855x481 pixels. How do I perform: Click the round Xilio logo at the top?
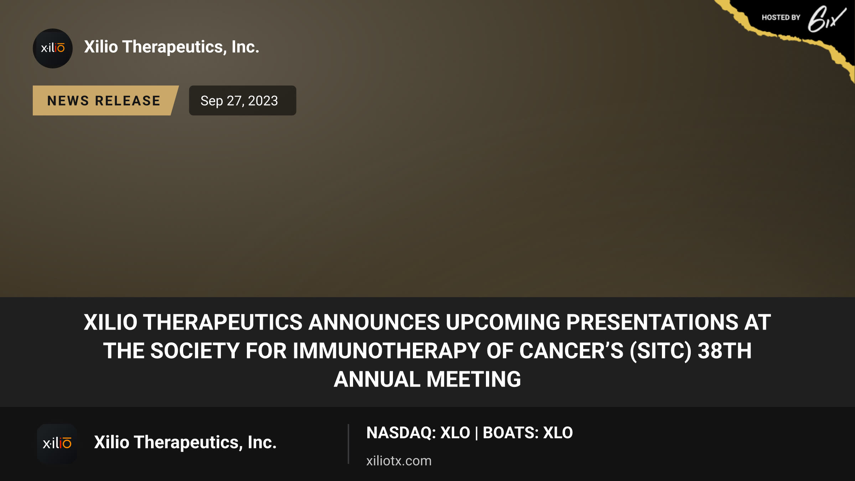coord(53,48)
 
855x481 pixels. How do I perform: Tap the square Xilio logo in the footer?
coord(57,444)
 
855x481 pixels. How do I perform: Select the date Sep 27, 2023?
coord(239,101)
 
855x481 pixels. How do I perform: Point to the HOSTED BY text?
coord(781,17)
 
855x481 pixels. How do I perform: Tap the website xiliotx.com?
coord(399,461)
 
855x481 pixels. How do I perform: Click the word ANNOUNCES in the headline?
coord(374,322)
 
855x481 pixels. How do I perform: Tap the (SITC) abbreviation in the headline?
coord(660,351)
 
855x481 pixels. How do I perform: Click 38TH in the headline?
coord(725,351)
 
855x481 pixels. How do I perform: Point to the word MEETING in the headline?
coord(474,379)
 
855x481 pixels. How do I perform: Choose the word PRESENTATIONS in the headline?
coord(652,322)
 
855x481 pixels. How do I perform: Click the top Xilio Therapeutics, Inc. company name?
coord(172,47)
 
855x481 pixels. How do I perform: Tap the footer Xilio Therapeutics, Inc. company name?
coord(185,443)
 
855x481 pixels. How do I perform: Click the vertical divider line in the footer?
coord(348,444)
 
